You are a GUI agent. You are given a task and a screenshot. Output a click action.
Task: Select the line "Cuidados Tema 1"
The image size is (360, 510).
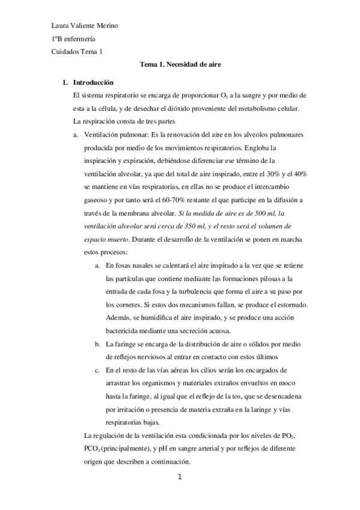coord(77,52)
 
